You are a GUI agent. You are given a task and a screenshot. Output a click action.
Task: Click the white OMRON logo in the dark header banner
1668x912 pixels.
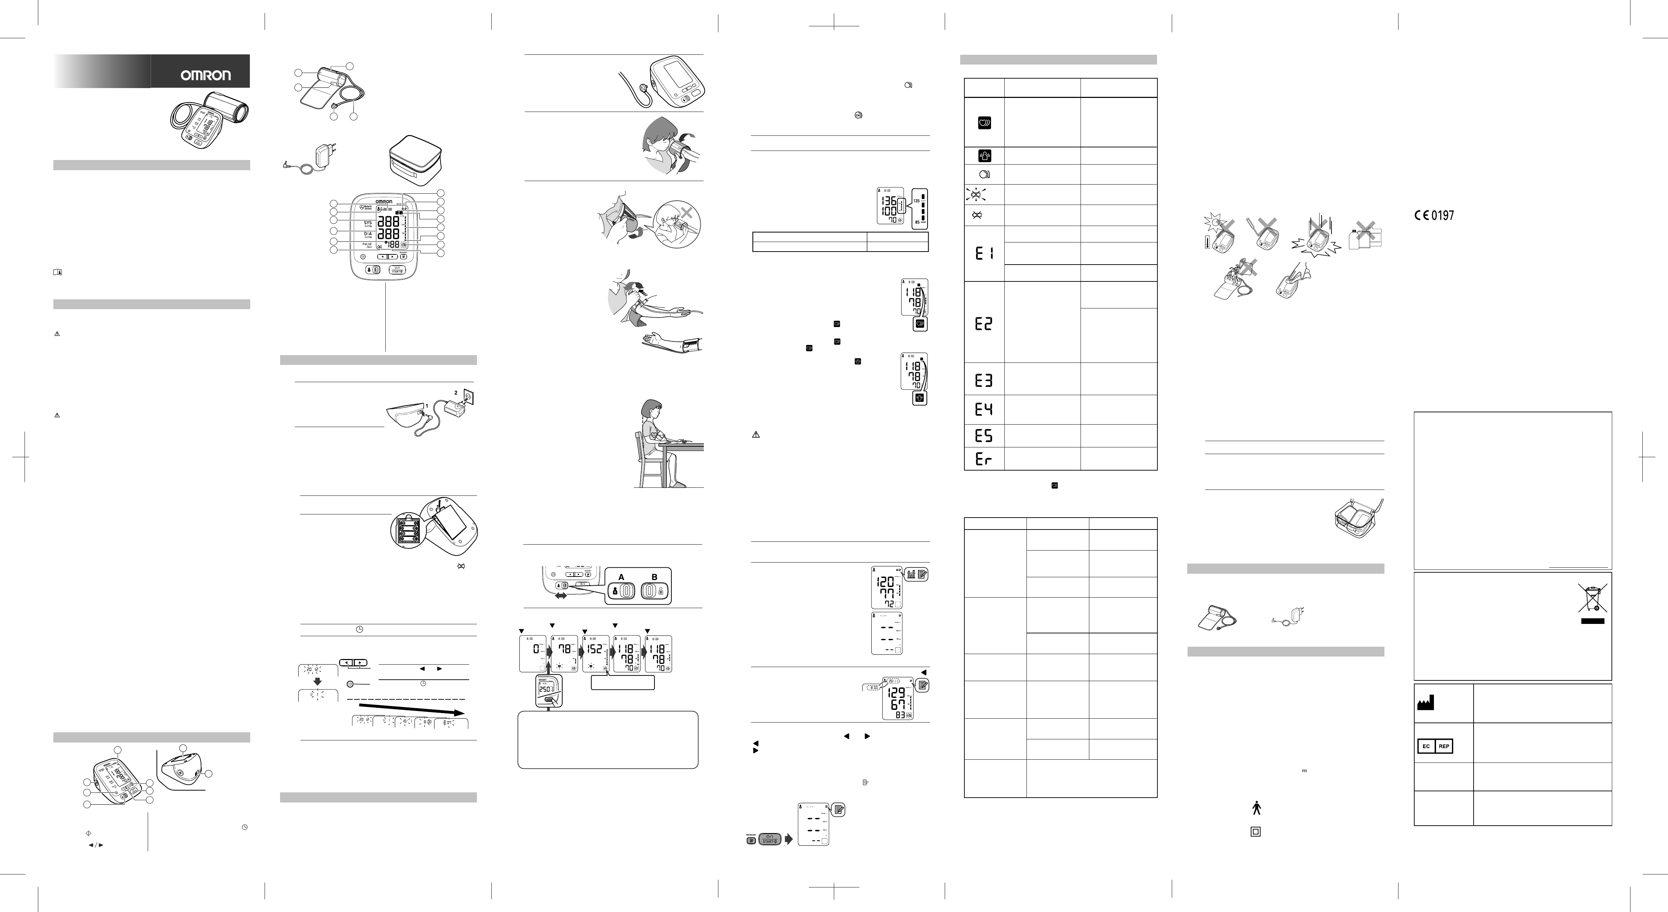[205, 75]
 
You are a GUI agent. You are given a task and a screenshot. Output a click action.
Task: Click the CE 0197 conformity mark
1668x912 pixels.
[1434, 215]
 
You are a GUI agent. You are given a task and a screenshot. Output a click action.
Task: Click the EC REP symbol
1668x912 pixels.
[1435, 746]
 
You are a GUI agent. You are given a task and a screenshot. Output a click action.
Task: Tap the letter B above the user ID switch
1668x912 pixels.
[654, 577]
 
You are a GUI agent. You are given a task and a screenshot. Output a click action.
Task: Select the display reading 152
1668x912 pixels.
[594, 648]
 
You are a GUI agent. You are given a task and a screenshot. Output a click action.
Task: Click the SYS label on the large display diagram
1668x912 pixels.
[368, 223]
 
